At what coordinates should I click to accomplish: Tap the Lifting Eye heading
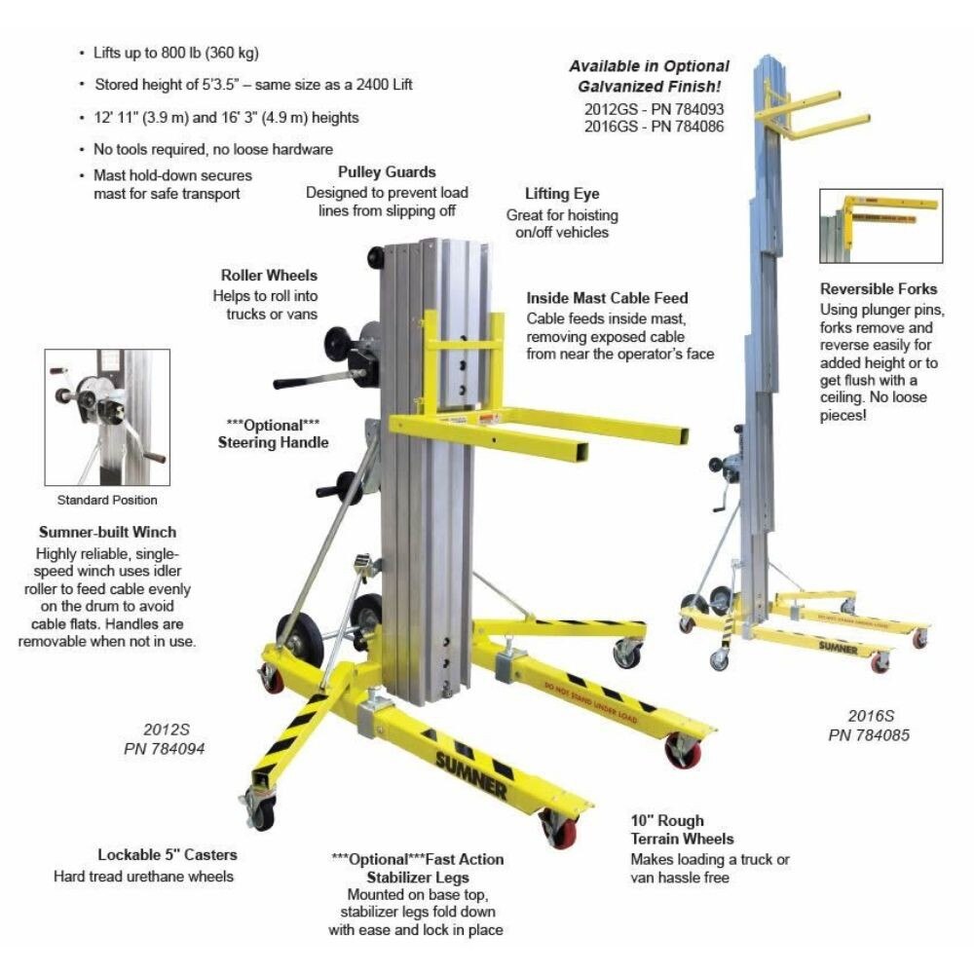coord(561,194)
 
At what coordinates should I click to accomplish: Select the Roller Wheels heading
coord(269,276)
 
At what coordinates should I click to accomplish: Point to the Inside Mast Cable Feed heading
coord(607,298)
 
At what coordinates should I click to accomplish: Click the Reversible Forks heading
coord(879,289)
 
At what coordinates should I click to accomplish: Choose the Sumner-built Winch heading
coord(107,533)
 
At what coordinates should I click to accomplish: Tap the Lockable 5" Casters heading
coord(167,855)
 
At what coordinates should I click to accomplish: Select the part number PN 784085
coord(869,735)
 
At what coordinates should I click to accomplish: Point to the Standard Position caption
coord(107,501)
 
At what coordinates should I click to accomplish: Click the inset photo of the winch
coord(107,417)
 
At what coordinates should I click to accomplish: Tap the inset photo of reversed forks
coord(881,226)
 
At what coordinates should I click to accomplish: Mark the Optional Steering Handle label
coord(276,433)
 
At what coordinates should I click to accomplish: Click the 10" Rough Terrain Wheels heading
coord(682,830)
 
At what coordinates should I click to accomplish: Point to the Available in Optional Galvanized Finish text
coord(649,76)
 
